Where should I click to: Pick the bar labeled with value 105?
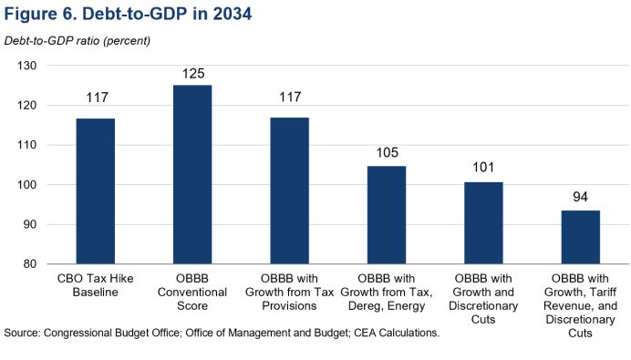[386, 215]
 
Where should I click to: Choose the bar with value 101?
[483, 223]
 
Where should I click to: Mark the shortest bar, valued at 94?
[580, 237]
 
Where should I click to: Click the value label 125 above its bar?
[191, 72]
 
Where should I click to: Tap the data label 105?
[386, 152]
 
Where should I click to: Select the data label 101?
[483, 169]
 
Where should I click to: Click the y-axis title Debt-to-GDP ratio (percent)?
[78, 41]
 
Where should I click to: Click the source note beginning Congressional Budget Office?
[222, 334]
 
